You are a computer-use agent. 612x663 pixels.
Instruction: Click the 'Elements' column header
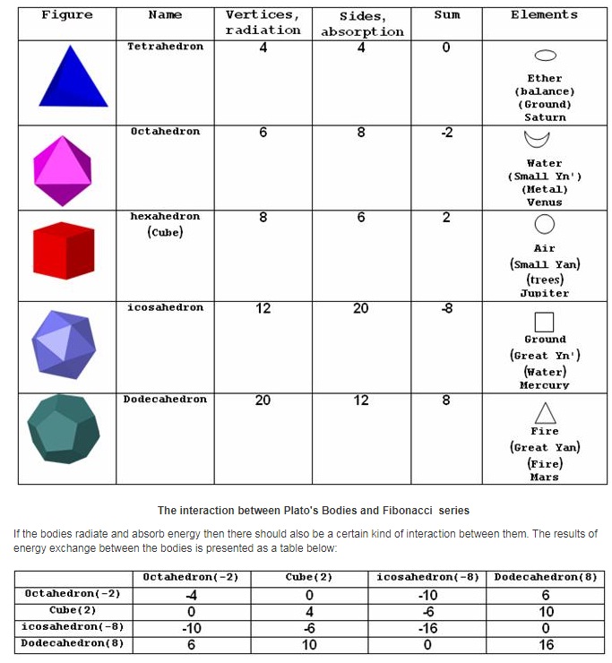pyautogui.click(x=544, y=15)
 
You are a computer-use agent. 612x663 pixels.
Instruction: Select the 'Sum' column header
pyautogui.click(x=446, y=15)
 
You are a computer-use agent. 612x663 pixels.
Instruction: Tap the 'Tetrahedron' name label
pyautogui.click(x=165, y=47)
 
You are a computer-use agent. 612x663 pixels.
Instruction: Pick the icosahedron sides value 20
pyautogui.click(x=361, y=308)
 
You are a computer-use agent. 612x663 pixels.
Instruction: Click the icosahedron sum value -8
pyautogui.click(x=446, y=308)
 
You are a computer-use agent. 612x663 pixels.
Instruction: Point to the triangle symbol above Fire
pyautogui.click(x=545, y=412)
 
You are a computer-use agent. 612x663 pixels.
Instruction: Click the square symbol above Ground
pyautogui.click(x=544, y=321)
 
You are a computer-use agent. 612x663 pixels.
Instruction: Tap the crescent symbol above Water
pyautogui.click(x=538, y=140)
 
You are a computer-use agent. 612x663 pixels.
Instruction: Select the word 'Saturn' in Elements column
pyautogui.click(x=545, y=117)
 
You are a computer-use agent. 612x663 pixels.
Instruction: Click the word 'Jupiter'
pyautogui.click(x=545, y=293)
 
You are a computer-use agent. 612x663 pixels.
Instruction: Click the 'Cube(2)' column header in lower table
pyautogui.click(x=309, y=577)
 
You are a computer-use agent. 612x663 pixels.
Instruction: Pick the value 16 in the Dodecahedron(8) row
pyautogui.click(x=546, y=644)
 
